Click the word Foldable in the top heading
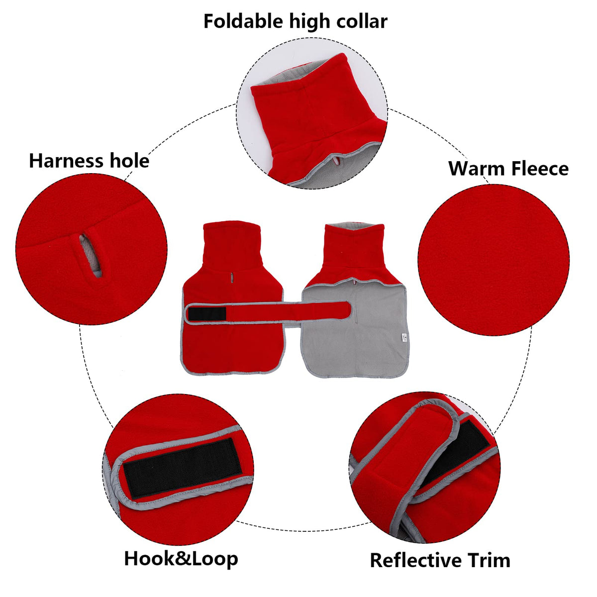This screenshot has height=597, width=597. (243, 21)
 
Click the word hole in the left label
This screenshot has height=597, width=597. (130, 161)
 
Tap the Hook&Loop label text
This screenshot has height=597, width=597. (181, 558)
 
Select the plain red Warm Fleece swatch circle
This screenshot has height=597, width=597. (494, 259)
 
